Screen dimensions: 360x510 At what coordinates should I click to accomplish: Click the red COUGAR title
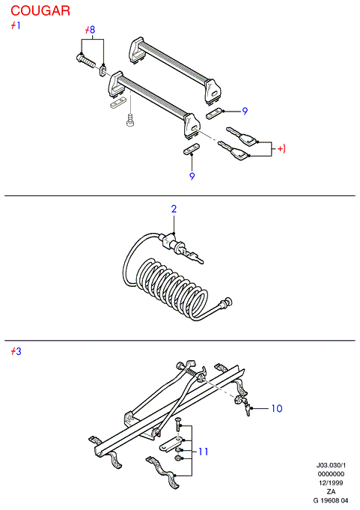click(x=40, y=10)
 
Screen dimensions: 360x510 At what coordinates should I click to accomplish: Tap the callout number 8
click(x=92, y=30)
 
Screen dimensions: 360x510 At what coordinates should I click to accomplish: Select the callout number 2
click(x=174, y=209)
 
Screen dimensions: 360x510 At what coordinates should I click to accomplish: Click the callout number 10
click(x=277, y=408)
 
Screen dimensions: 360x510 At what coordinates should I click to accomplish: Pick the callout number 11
click(x=203, y=452)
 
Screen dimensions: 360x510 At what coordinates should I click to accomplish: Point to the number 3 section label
click(x=18, y=351)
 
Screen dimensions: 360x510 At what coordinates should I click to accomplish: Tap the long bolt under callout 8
click(x=85, y=60)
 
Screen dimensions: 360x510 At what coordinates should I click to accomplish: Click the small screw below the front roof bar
click(x=130, y=120)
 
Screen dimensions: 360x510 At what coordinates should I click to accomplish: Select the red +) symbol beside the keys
click(x=281, y=149)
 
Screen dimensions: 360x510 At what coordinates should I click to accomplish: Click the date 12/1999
click(x=331, y=483)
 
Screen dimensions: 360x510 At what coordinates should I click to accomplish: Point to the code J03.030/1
click(x=331, y=465)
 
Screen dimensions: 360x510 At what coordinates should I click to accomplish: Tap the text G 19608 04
click(x=331, y=500)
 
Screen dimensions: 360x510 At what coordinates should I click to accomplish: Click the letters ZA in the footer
click(x=331, y=492)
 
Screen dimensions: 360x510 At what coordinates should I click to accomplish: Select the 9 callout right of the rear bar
click(x=245, y=112)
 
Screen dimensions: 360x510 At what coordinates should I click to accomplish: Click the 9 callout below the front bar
click(x=192, y=176)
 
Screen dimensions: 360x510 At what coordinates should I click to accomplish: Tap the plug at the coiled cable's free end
click(x=225, y=303)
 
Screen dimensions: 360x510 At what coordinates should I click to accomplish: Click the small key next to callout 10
click(x=248, y=409)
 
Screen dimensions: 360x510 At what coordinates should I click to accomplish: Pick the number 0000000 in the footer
click(x=331, y=474)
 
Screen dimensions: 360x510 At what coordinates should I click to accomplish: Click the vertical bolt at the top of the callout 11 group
click(x=177, y=425)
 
